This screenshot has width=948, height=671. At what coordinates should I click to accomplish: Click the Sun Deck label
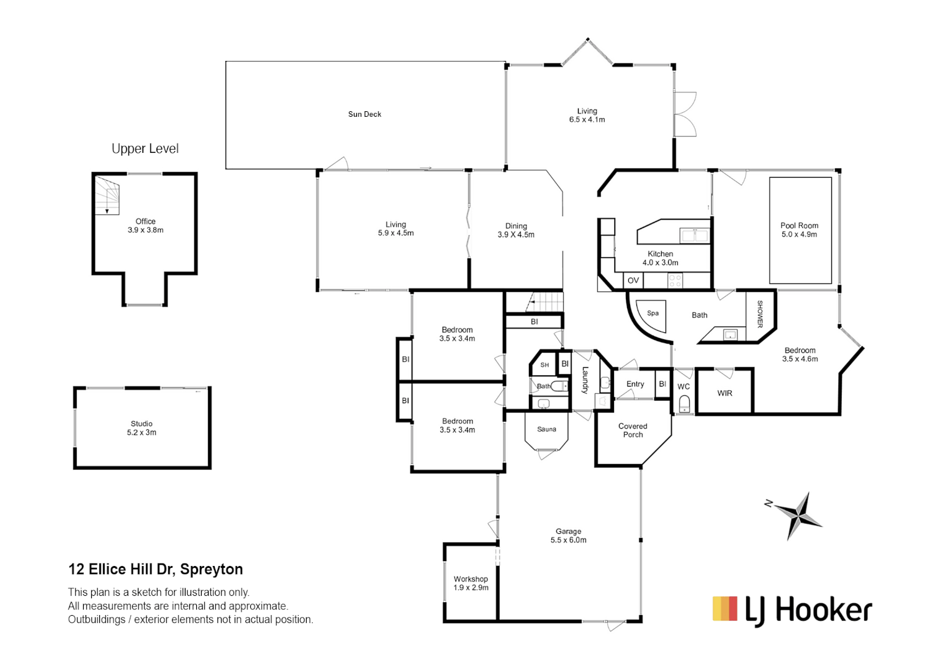[x=364, y=114]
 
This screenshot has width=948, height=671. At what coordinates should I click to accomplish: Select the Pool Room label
[x=799, y=230]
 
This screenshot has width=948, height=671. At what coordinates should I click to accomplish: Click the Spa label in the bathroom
[x=652, y=313]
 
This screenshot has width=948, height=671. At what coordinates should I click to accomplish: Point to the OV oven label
[x=633, y=281]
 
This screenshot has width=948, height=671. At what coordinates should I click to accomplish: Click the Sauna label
[x=546, y=429]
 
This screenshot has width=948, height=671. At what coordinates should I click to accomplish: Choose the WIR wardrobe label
[x=725, y=393]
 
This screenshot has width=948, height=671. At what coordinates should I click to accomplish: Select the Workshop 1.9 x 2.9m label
[x=471, y=583]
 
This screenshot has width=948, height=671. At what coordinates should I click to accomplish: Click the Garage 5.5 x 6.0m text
[x=568, y=536]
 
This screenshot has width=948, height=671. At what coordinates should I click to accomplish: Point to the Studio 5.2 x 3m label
[x=142, y=428]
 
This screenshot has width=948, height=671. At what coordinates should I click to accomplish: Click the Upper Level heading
[x=145, y=149]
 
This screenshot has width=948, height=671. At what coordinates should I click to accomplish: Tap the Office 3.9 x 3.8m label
[x=145, y=226]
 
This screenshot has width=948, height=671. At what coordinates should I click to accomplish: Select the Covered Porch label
[x=633, y=431]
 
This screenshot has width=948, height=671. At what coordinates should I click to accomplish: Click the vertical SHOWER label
[x=760, y=314]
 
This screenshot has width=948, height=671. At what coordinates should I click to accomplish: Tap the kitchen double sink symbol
[x=694, y=235]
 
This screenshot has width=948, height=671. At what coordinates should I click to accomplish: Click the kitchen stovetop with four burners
[x=675, y=281]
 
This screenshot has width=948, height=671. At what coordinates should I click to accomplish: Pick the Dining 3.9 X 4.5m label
[x=515, y=231]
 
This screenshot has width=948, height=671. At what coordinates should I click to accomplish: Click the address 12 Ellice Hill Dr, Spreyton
[x=155, y=569]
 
